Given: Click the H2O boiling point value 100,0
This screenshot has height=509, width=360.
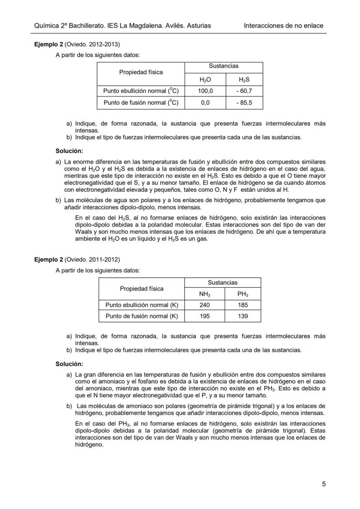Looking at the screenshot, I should tap(205, 91).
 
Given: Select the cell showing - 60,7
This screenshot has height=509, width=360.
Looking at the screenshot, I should tap(244, 91).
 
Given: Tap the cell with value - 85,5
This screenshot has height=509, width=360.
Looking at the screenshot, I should tap(244, 103).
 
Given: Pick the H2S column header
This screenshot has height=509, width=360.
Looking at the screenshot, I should tap(244, 80).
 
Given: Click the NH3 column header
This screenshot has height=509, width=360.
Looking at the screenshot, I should tap(204, 294).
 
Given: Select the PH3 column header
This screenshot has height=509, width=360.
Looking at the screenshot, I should tap(243, 294).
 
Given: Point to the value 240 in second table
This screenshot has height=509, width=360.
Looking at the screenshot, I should tap(204, 305).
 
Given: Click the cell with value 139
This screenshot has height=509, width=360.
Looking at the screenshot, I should tap(243, 316).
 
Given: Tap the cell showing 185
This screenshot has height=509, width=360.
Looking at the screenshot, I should tap(243, 305).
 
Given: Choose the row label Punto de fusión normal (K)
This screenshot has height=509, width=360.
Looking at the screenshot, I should tap(142, 316).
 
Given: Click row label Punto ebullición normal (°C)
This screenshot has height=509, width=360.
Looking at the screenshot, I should tap(141, 91).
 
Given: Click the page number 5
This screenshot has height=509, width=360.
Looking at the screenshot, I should tap(323, 484).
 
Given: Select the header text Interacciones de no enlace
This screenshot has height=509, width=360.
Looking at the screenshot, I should tap(283, 26).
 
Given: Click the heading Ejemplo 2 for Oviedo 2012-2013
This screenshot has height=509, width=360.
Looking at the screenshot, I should tap(49, 44).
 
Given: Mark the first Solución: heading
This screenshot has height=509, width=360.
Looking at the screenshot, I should tap(69, 151).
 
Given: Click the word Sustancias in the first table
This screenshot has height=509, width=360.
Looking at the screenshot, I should tap(223, 66).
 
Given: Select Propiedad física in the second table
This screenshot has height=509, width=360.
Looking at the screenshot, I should tap(142, 289).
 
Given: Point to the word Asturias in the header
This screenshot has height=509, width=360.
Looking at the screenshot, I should tap(199, 26).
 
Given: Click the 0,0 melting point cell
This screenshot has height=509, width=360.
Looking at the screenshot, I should tap(205, 103).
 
